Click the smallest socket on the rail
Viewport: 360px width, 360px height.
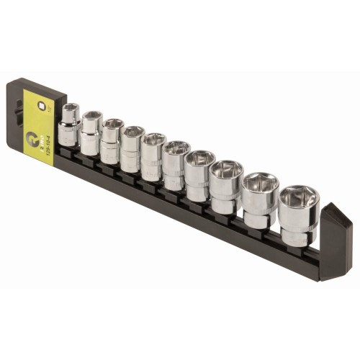[70, 125]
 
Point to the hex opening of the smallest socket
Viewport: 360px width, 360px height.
[70, 109]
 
